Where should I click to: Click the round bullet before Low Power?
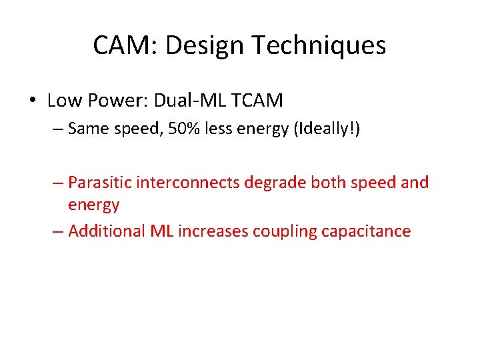(x=32, y=101)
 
